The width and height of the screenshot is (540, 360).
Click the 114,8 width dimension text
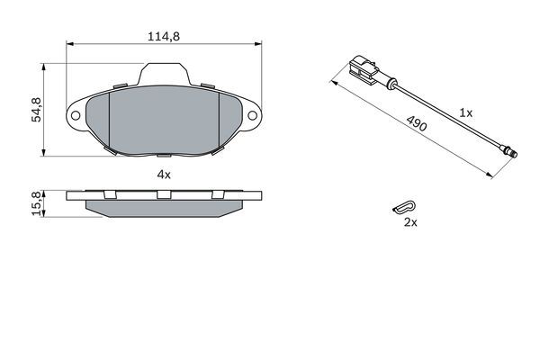tap(163, 37)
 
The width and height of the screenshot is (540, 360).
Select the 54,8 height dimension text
tap(37, 109)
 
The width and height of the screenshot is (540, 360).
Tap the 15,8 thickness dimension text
tap(37, 203)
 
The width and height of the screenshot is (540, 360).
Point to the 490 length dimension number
tap(416, 125)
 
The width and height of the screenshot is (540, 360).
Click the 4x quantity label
tap(163, 174)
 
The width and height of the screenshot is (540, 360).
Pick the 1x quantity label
tap(465, 112)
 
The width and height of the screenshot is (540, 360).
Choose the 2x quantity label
tap(409, 222)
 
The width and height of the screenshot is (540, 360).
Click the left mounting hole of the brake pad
tap(76, 117)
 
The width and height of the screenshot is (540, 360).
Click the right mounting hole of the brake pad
tap(254, 117)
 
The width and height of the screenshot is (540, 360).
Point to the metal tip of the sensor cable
tap(510, 152)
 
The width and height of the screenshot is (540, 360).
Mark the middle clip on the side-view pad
tap(163, 195)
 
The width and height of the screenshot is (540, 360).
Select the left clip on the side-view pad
tap(109, 195)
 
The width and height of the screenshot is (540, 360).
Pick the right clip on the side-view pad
tap(217, 195)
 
